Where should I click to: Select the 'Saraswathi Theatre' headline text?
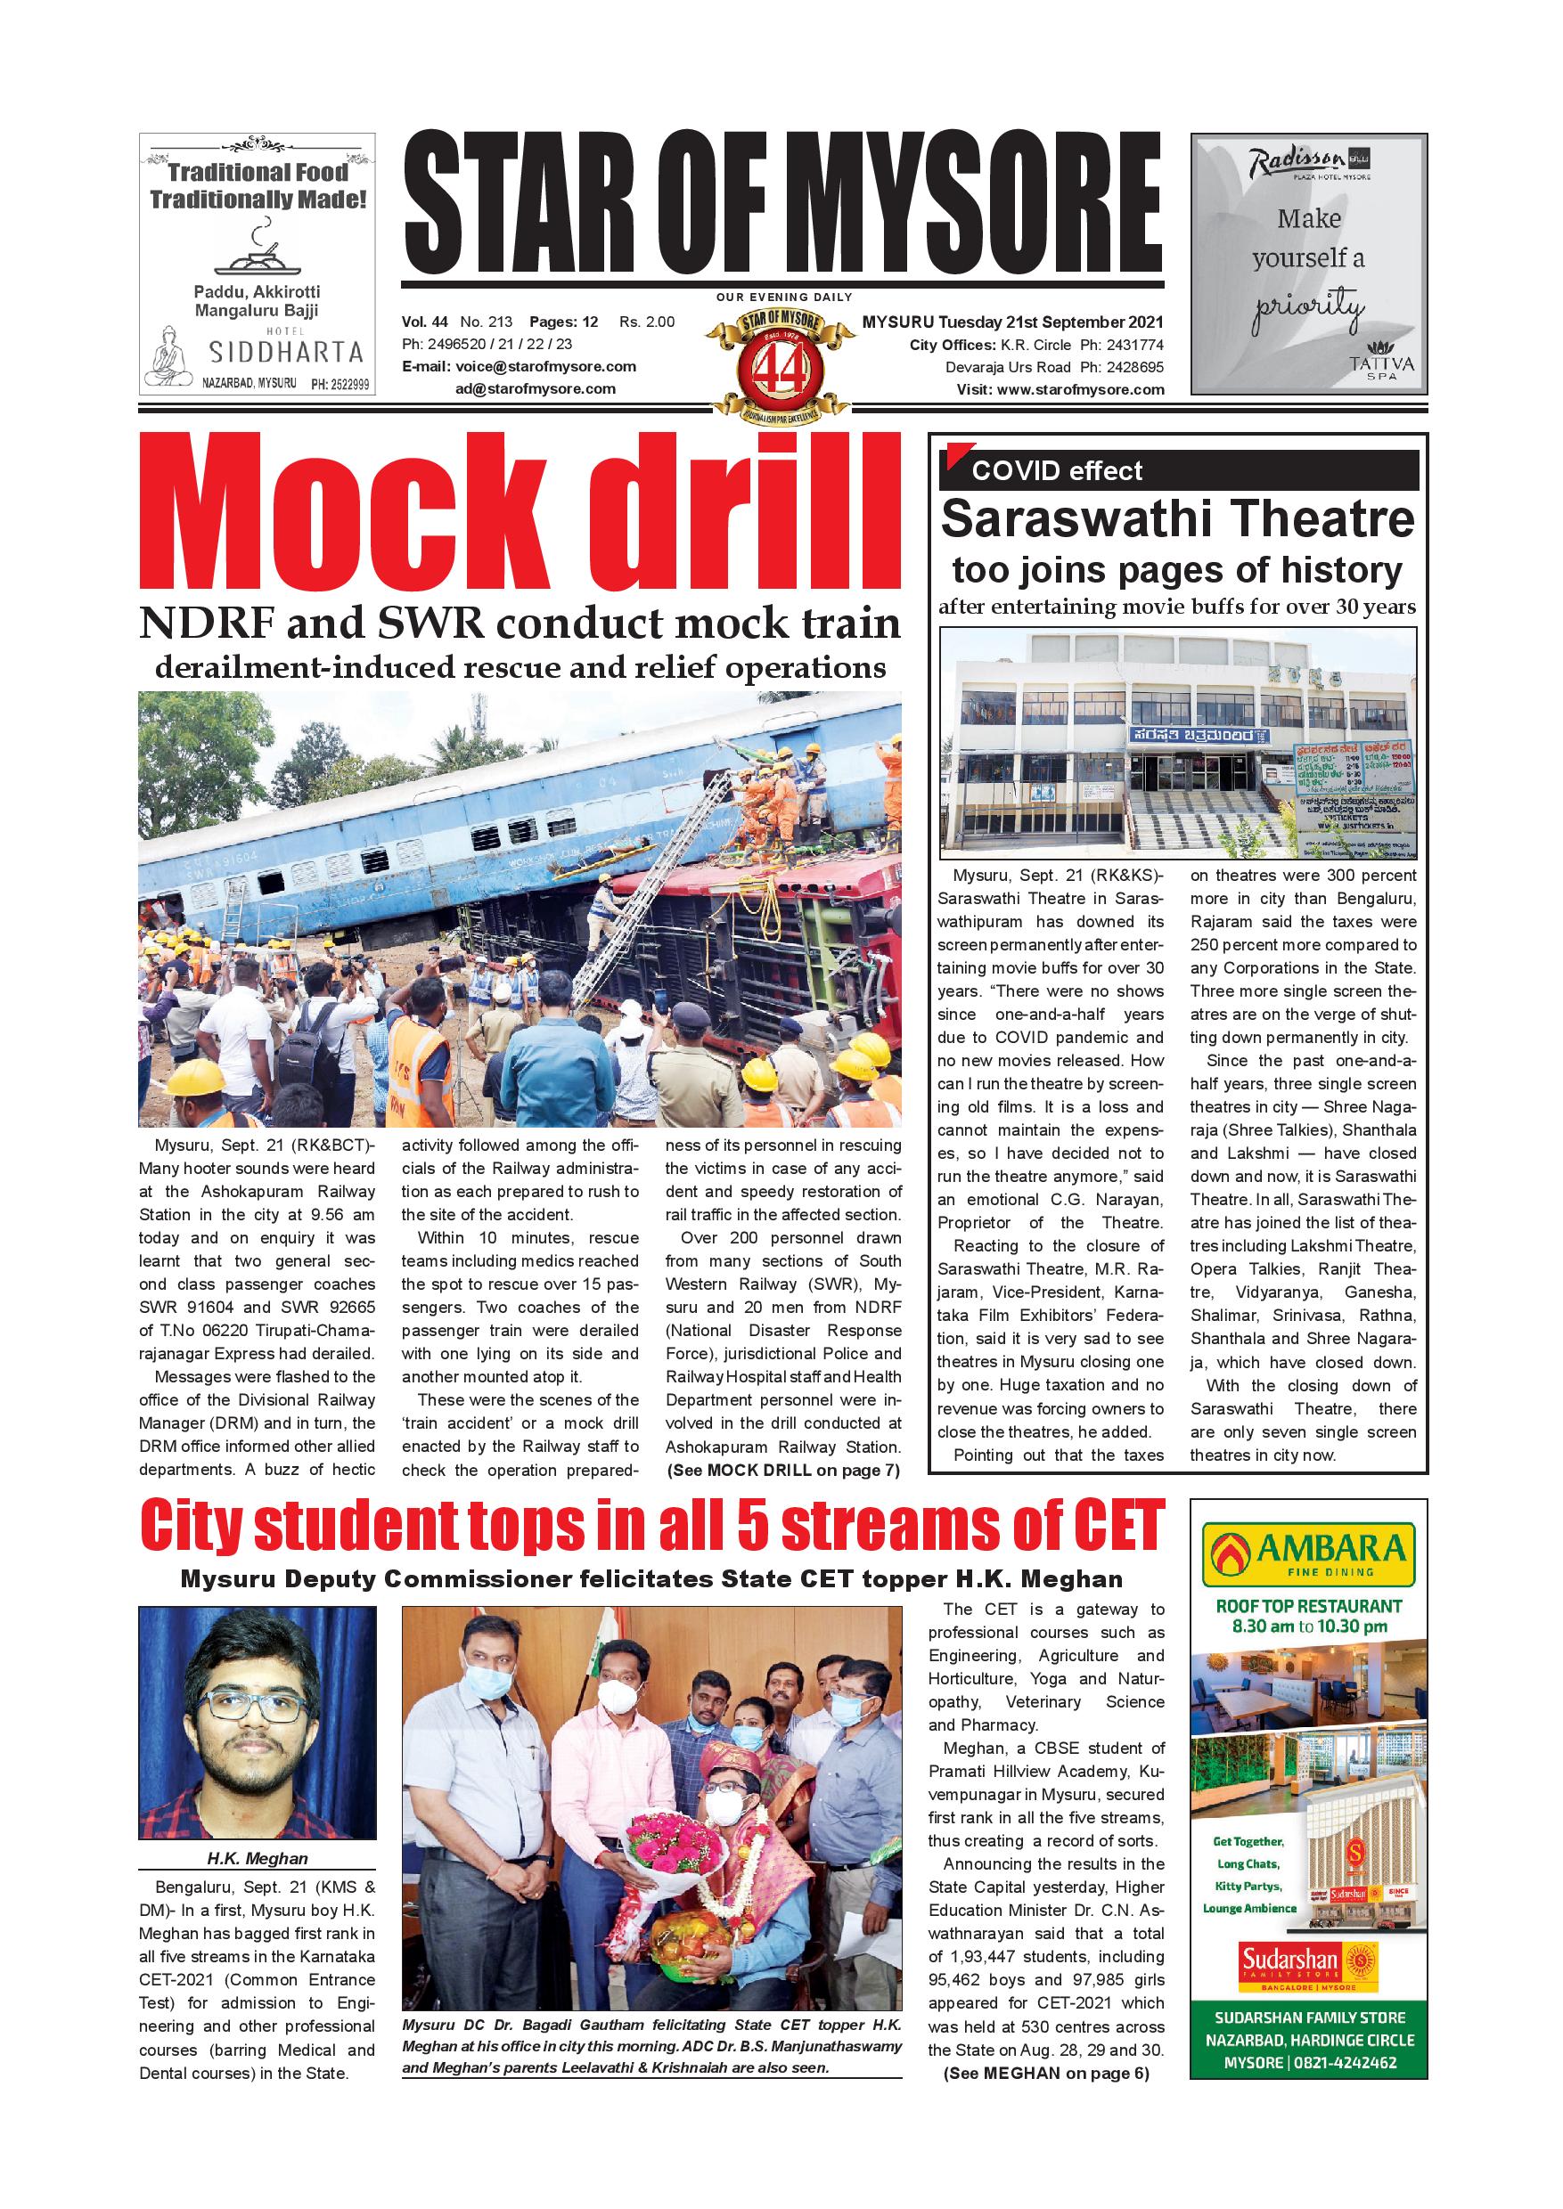click(1177, 519)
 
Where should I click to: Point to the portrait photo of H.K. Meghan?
click(257, 1724)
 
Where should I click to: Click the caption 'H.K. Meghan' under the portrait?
click(257, 1859)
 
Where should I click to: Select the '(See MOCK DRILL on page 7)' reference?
click(781, 1470)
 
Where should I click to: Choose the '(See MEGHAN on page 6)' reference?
click(1046, 2074)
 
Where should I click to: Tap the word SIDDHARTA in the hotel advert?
click(286, 352)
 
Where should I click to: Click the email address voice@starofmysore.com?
click(545, 367)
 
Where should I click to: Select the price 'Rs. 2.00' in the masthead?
click(647, 322)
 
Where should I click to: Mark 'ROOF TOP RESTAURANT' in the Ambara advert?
click(1308, 1606)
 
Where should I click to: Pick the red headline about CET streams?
click(651, 1527)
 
